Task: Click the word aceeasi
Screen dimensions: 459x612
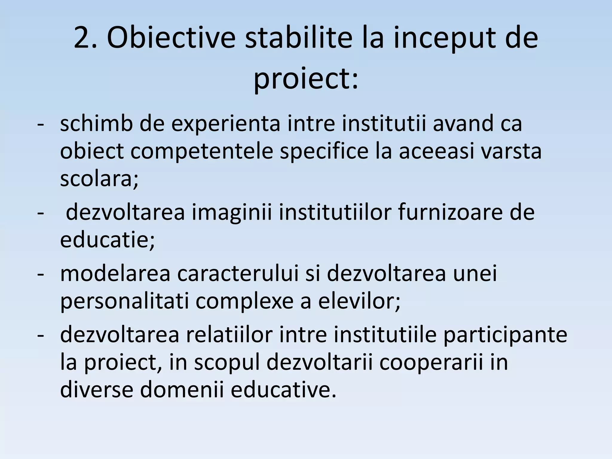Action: pyautogui.click(x=437, y=151)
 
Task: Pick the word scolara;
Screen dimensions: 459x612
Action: pyautogui.click(x=99, y=179)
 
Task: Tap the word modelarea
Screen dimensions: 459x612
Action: pyautogui.click(x=115, y=274)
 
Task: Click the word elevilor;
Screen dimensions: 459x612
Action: pyautogui.click(x=359, y=301)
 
